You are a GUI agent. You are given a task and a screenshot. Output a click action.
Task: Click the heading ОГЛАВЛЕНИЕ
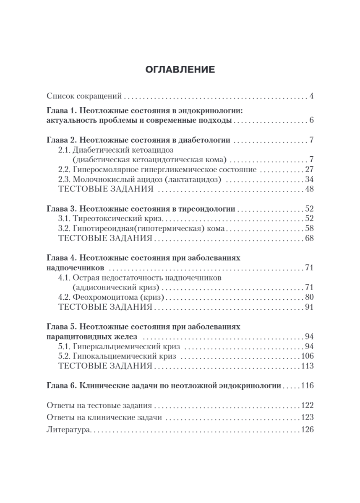180,70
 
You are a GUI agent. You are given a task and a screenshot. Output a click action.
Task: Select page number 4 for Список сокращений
311,96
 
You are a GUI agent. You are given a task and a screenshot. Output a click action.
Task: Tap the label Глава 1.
60,111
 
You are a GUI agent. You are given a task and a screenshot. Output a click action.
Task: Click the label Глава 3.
60,208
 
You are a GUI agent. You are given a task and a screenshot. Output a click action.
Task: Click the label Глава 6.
60,386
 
